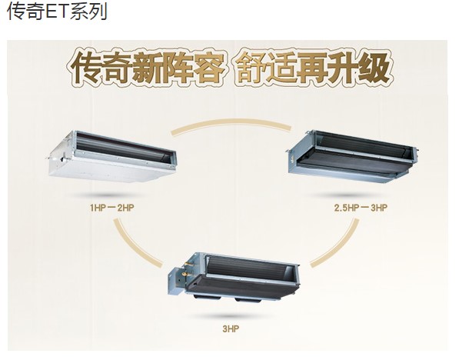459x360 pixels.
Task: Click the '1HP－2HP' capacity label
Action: pos(111,208)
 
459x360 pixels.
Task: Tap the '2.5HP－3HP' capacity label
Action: pos(361,208)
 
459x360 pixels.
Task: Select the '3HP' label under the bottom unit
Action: pos(231,329)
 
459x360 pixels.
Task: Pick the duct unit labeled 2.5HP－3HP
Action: pos(352,156)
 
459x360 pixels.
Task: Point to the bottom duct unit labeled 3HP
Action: pos(234,277)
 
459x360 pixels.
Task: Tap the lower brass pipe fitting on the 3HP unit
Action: pos(185,275)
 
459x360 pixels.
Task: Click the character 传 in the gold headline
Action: pos(87,68)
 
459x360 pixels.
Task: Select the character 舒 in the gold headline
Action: pos(251,68)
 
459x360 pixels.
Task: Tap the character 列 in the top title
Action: pos(98,12)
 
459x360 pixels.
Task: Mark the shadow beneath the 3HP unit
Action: pos(231,316)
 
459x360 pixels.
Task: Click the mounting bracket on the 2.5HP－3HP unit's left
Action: pos(288,151)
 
